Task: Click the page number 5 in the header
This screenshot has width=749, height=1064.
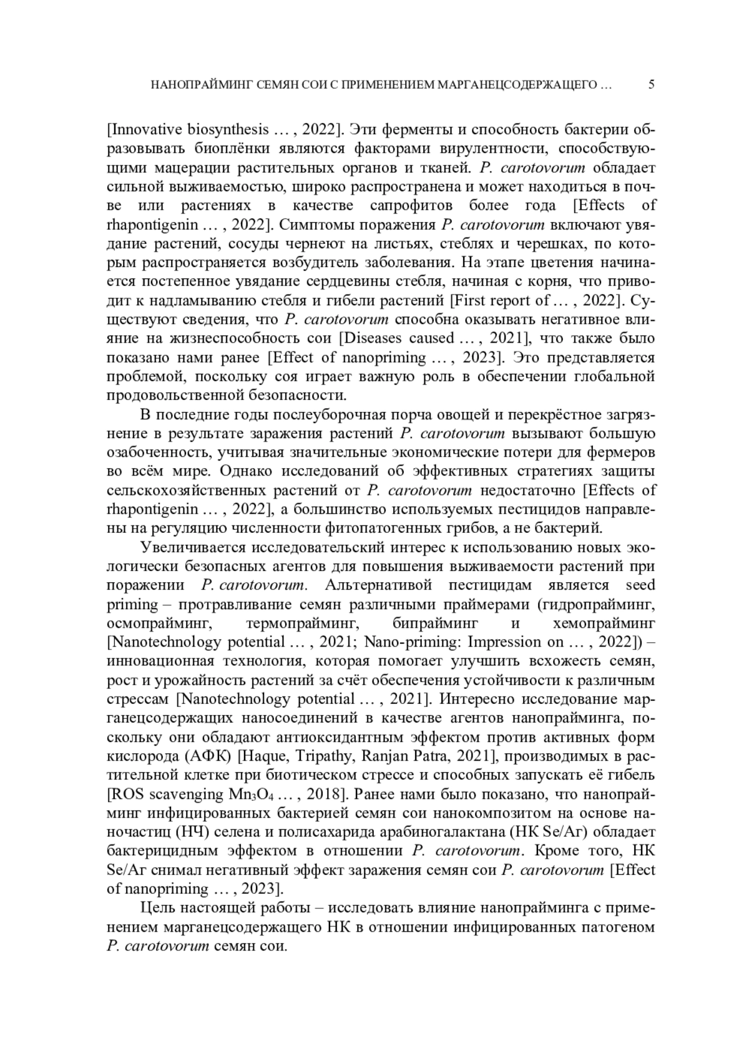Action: click(x=651, y=85)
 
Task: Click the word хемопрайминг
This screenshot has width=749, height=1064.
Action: click(x=604, y=623)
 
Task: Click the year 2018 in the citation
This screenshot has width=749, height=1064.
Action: click(x=324, y=794)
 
